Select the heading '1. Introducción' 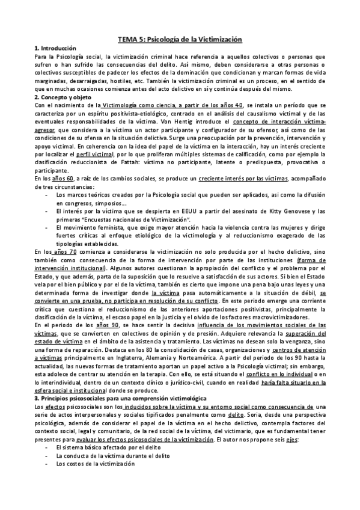coord(56,48)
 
